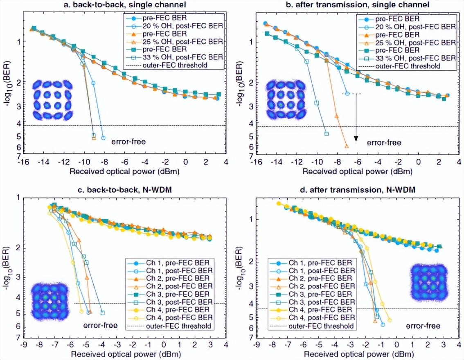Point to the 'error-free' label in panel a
click(x=128, y=142)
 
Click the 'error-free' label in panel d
click(x=423, y=326)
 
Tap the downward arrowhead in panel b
click(x=356, y=138)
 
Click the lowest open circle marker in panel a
click(x=103, y=138)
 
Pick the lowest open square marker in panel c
click(x=102, y=313)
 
